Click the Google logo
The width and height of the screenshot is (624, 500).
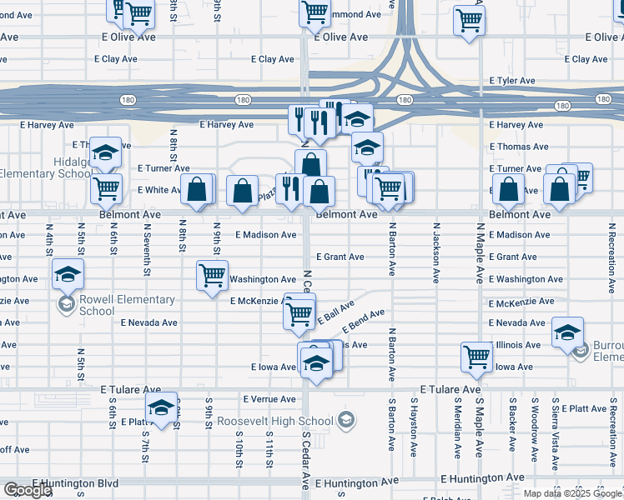click(27, 490)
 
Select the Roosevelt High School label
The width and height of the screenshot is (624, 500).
click(275, 421)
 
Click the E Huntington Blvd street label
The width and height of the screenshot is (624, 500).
click(76, 482)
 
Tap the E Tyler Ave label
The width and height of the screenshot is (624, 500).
click(512, 81)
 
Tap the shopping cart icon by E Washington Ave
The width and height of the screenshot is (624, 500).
click(213, 274)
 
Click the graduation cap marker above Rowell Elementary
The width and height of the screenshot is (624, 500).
click(68, 272)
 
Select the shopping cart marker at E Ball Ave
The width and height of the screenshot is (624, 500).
click(299, 313)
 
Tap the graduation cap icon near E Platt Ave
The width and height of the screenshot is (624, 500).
click(161, 407)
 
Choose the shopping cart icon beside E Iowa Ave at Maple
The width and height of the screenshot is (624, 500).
click(476, 356)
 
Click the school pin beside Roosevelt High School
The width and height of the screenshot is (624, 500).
click(345, 420)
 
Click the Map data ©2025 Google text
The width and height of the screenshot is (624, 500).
click(571, 492)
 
